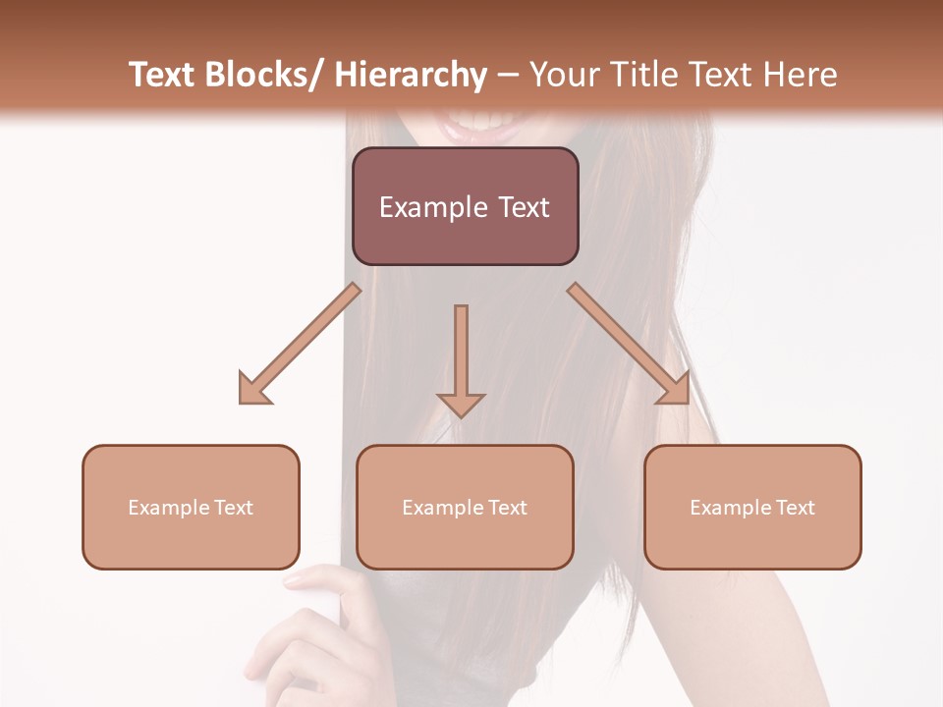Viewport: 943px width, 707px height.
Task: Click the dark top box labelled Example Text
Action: (x=465, y=206)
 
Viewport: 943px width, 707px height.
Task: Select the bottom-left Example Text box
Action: (x=191, y=508)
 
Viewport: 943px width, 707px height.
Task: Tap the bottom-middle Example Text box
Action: (x=465, y=508)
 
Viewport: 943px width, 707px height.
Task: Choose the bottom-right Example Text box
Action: (x=752, y=508)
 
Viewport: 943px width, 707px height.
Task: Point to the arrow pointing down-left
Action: (x=300, y=344)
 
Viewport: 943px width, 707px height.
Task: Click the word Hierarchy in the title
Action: (x=411, y=75)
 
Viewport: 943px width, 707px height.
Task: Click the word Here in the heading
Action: (x=803, y=75)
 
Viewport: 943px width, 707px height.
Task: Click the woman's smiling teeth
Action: (x=479, y=124)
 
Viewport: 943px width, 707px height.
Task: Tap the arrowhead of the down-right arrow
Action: (x=675, y=389)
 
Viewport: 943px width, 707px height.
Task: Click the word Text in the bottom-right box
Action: (x=795, y=508)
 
